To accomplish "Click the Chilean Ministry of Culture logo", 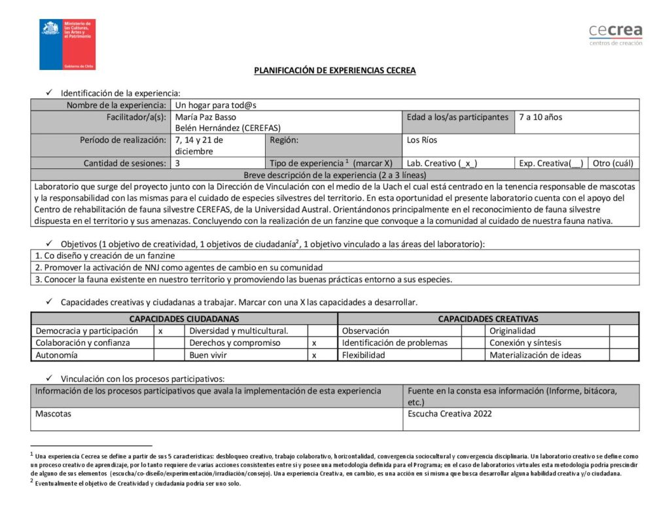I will [x=67, y=45].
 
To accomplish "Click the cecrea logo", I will [x=615, y=34].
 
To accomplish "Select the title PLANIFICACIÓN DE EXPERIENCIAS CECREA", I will [x=334, y=71].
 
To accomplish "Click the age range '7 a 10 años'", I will [x=540, y=117].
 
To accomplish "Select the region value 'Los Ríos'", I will [x=422, y=140].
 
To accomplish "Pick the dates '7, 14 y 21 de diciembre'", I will [x=200, y=145].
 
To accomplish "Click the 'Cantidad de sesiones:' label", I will [x=124, y=163].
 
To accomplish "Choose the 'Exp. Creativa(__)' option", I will [x=550, y=163].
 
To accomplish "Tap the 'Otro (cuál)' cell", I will [x=612, y=163].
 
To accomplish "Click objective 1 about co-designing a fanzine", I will [x=105, y=256].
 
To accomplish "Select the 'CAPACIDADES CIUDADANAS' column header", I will [x=184, y=319].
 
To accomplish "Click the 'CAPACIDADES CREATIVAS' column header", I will [x=488, y=319].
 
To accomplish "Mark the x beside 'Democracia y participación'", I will [x=161, y=331].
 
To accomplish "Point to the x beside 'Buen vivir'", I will [x=314, y=355].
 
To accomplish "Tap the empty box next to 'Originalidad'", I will [x=624, y=331].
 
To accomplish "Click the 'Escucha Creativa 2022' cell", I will [x=450, y=414].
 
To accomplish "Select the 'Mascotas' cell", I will [x=54, y=414].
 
